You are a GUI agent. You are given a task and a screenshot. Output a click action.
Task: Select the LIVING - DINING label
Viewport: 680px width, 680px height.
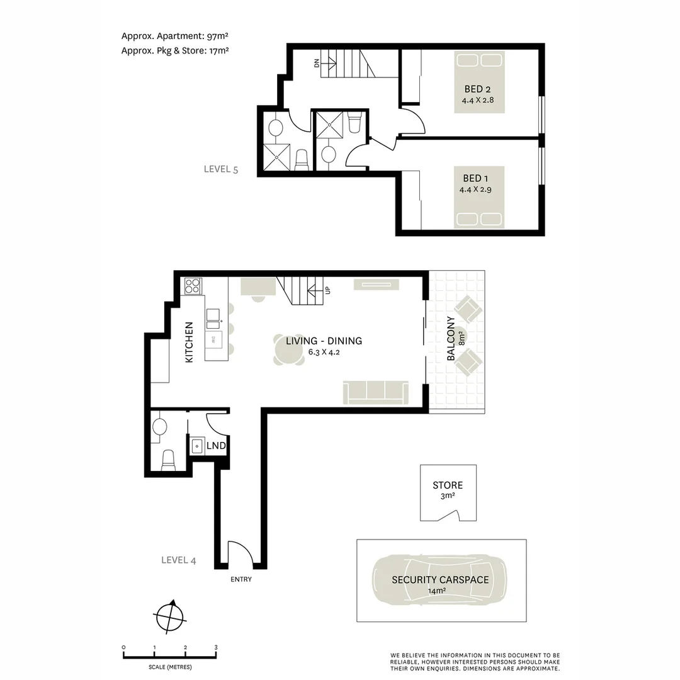click(x=324, y=341)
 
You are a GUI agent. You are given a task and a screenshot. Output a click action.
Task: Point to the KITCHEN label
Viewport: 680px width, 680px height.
click(x=189, y=342)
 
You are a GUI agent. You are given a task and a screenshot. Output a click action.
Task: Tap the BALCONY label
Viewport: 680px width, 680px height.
click(x=451, y=339)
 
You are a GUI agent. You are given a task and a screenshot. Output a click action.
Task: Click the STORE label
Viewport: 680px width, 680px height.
click(x=448, y=485)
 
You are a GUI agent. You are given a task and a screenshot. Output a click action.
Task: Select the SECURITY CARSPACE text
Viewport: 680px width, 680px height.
click(x=440, y=580)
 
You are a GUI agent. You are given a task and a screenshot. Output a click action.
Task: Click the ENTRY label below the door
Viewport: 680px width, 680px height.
click(x=241, y=579)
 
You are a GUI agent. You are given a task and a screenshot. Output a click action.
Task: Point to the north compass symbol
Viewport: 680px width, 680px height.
click(x=169, y=616)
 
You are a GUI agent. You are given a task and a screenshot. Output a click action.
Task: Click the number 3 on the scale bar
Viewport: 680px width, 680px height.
click(x=216, y=647)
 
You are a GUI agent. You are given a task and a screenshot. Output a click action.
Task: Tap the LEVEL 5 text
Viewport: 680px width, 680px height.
click(x=220, y=169)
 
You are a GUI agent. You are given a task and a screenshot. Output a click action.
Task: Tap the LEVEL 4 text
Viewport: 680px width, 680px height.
click(x=179, y=560)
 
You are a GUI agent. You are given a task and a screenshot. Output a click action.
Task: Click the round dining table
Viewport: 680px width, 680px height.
click(x=288, y=349)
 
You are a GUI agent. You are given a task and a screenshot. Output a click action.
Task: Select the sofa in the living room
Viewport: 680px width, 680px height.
click(x=375, y=393)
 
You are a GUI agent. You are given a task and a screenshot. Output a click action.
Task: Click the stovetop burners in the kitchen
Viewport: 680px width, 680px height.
click(x=193, y=286)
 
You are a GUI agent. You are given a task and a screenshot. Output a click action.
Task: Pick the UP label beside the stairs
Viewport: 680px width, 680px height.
click(x=327, y=290)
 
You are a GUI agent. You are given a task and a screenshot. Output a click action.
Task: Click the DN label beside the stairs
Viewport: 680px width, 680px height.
click(x=317, y=62)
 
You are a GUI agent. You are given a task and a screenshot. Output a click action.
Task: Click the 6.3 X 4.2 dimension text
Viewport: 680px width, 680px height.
click(x=324, y=352)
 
